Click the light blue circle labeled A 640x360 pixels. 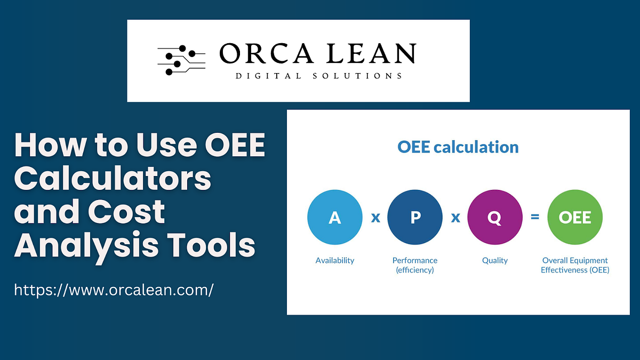pyautogui.click(x=335, y=218)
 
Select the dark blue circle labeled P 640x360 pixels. pyautogui.click(x=415, y=218)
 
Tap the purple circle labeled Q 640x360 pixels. pyautogui.click(x=495, y=218)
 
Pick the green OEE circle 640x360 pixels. pyautogui.click(x=575, y=218)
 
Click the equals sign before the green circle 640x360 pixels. pyautogui.click(x=535, y=218)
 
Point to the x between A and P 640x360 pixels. pyautogui.click(x=375, y=218)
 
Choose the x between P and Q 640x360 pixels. pyautogui.click(x=455, y=218)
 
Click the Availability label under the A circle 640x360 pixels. pyautogui.click(x=335, y=260)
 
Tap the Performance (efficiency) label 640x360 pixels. pyautogui.click(x=415, y=265)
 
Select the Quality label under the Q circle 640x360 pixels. pyautogui.click(x=495, y=260)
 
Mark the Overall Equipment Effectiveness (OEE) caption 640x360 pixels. pyautogui.click(x=575, y=265)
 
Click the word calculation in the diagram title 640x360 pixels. pyautogui.click(x=477, y=147)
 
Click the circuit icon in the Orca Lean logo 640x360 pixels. pyautogui.click(x=181, y=59)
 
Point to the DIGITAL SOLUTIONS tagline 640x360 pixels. pyautogui.click(x=319, y=76)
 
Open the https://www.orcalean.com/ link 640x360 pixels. pyautogui.click(x=114, y=290)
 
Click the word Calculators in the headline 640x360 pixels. pyautogui.click(x=113, y=180)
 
